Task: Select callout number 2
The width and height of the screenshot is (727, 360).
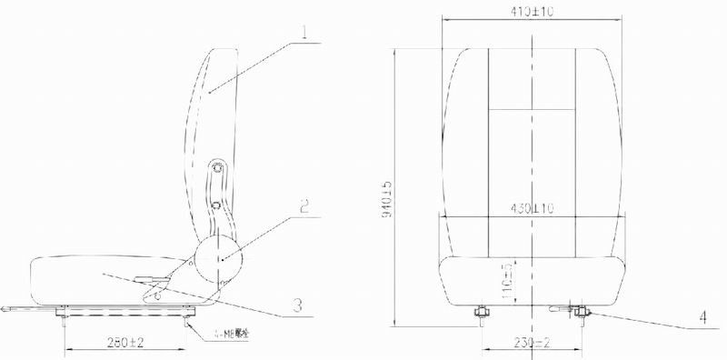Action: click(x=306, y=205)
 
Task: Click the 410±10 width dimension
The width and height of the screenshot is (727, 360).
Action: click(x=532, y=12)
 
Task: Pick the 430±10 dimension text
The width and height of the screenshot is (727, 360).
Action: click(x=532, y=208)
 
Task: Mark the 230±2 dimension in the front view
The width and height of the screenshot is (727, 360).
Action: click(x=531, y=341)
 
